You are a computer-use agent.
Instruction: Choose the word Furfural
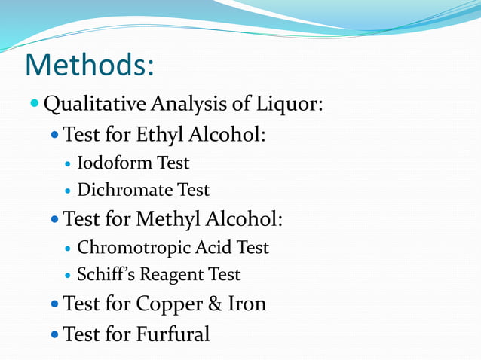[x=173, y=333]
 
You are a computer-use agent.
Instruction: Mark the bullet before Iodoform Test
[x=68, y=163]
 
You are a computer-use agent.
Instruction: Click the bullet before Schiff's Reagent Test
[x=68, y=275]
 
